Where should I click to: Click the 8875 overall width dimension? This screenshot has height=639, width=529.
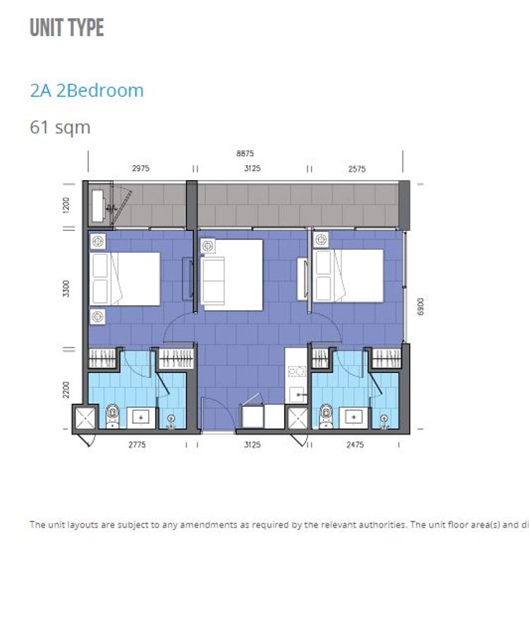coord(245,154)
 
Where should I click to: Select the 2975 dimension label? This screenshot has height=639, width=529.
coord(140,168)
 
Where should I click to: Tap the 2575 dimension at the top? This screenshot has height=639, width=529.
coord(357,169)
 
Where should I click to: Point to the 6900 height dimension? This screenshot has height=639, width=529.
coord(420,306)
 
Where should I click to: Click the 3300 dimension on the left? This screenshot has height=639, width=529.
coord(66,289)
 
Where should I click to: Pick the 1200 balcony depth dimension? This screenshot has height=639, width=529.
coord(66,205)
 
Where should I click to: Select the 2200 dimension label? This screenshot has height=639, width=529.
coord(66,390)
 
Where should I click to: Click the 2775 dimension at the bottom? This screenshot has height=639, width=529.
coord(137,445)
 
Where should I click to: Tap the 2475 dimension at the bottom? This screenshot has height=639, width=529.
coord(355,445)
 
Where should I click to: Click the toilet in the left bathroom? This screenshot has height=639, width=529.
coord(112,416)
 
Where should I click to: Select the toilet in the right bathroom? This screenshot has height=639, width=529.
coord(326,416)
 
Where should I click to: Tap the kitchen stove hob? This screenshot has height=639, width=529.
coord(297,371)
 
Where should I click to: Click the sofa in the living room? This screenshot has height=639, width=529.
coord(212,280)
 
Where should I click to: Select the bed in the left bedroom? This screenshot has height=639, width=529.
coord(125,279)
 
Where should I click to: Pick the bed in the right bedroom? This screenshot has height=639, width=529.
coord(348,276)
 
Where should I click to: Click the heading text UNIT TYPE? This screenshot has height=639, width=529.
coord(67,28)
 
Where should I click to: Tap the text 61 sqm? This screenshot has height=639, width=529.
coord(60,127)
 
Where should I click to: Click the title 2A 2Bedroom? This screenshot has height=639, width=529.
coord(87,90)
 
